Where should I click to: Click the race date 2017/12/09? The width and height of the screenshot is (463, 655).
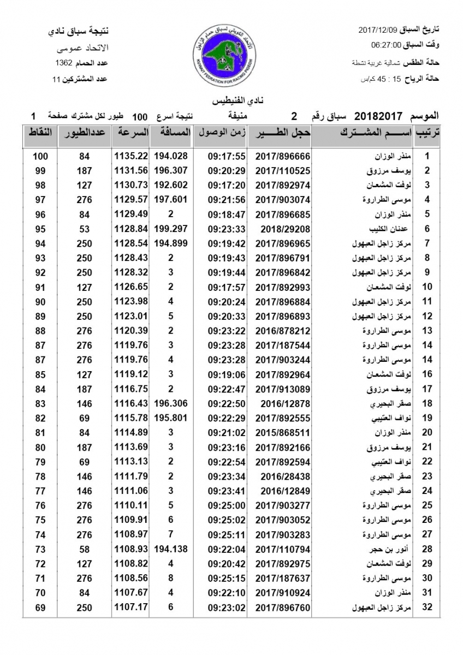(378, 28)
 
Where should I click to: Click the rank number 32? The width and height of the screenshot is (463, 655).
(428, 606)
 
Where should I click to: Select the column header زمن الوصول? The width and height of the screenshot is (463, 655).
(221, 133)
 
